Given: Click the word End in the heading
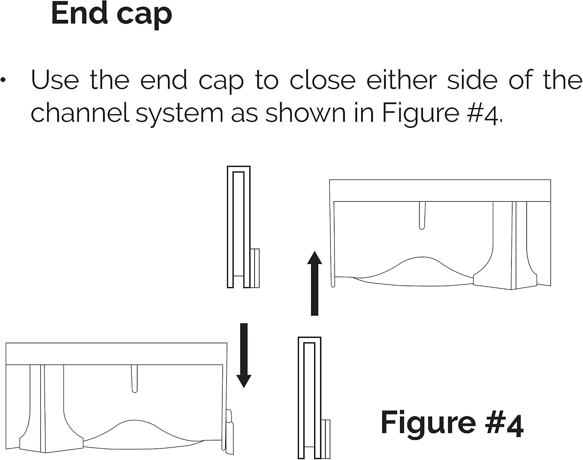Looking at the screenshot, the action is [79, 12].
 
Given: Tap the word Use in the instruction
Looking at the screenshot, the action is [55, 80].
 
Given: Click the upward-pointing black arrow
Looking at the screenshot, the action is [314, 283].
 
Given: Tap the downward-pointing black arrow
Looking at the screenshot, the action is [244, 355].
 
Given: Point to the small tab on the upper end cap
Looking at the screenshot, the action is [255, 268].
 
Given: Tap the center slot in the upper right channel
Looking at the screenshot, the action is [422, 215].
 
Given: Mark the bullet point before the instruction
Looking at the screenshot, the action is [3, 80].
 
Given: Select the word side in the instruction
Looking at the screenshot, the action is [472, 79].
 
